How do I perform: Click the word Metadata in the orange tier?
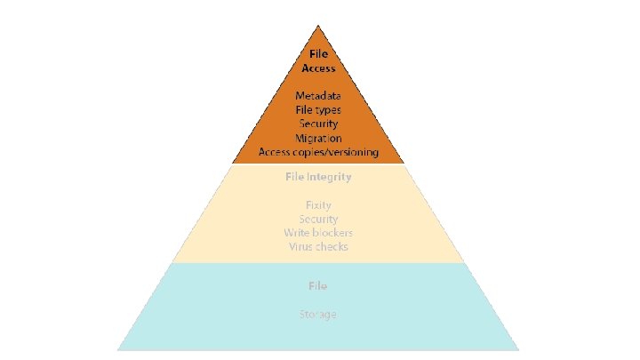[x=318, y=95]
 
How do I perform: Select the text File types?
[x=318, y=109]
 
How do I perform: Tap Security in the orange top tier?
[x=318, y=124]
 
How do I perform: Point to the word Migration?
[x=318, y=138]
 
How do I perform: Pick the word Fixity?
[x=318, y=205]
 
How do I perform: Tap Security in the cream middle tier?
[x=318, y=219]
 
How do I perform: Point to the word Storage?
[x=318, y=315]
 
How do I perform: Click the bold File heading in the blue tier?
[x=318, y=286]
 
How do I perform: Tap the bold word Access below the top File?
[x=318, y=68]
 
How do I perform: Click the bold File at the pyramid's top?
[x=318, y=54]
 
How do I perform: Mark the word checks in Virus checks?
[x=332, y=246]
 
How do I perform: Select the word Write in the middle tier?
[x=298, y=233]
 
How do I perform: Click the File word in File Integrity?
[x=294, y=177]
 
